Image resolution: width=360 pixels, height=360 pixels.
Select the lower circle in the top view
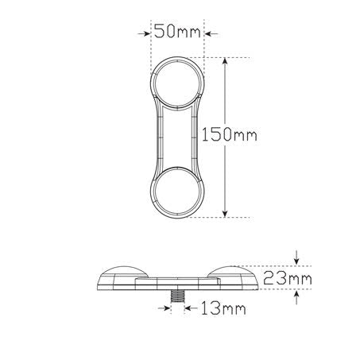tap(179, 192)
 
